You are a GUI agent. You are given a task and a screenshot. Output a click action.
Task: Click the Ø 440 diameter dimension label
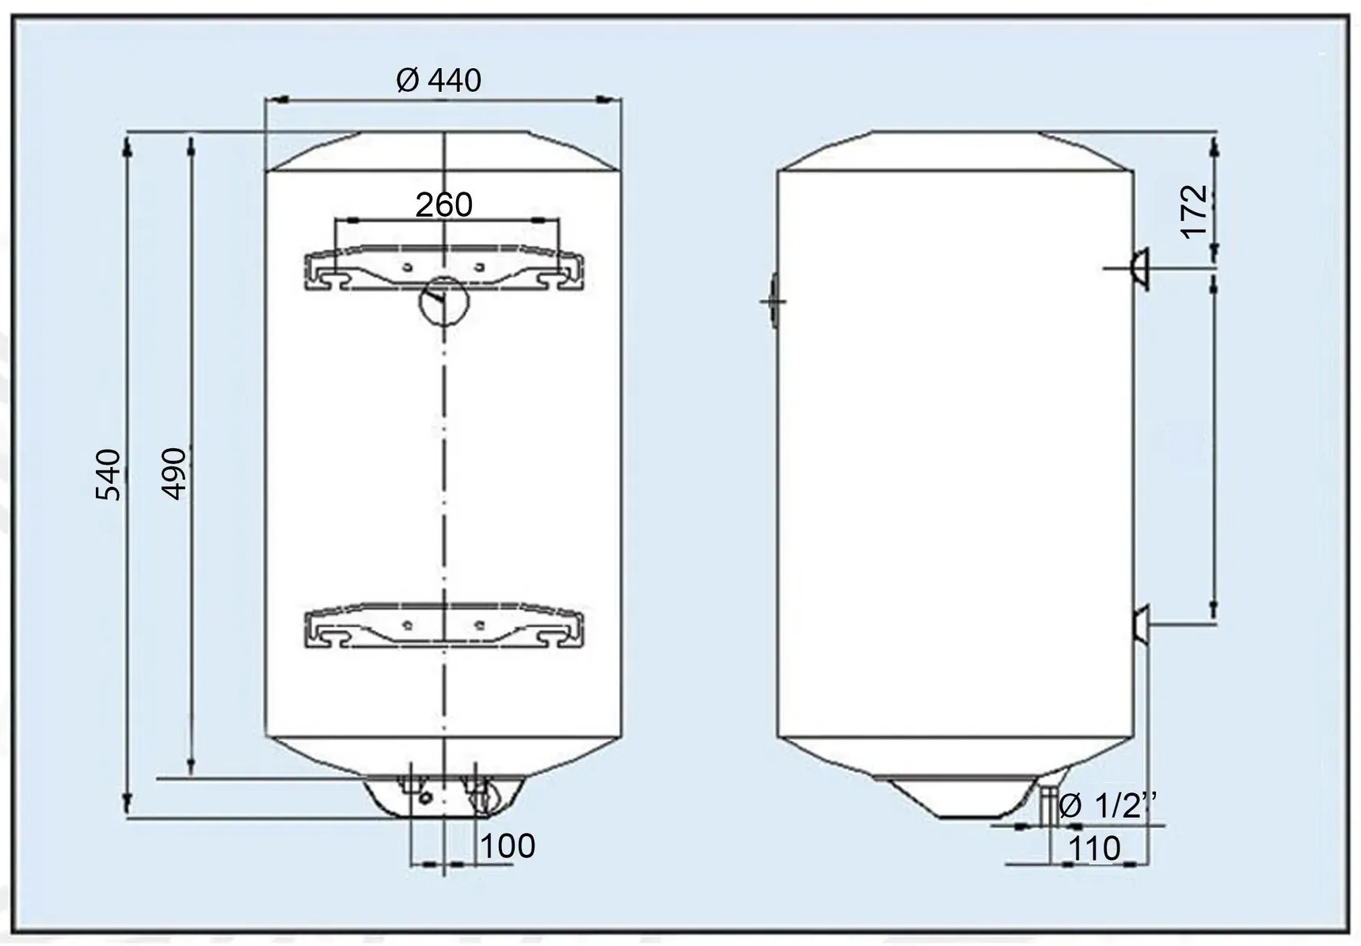point(438,80)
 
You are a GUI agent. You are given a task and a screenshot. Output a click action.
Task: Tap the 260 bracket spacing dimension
point(444,205)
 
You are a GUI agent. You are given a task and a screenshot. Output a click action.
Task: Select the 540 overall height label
point(108,474)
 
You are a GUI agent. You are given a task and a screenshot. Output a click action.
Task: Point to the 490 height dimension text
point(173,473)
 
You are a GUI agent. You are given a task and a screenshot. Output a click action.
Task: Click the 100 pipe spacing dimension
point(508,846)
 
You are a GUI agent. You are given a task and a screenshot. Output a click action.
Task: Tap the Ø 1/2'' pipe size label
point(1108,807)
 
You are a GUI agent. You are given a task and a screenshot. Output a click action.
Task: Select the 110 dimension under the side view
point(1095,849)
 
